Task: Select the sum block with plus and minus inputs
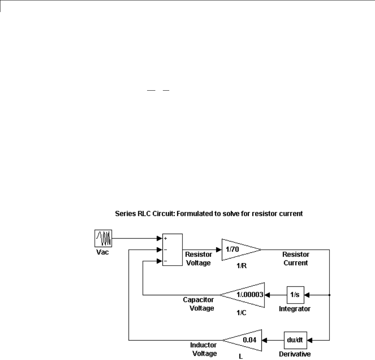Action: (x=172, y=249)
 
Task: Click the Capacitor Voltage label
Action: (x=198, y=304)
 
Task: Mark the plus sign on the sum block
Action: (x=165, y=238)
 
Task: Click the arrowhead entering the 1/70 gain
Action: (x=219, y=249)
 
